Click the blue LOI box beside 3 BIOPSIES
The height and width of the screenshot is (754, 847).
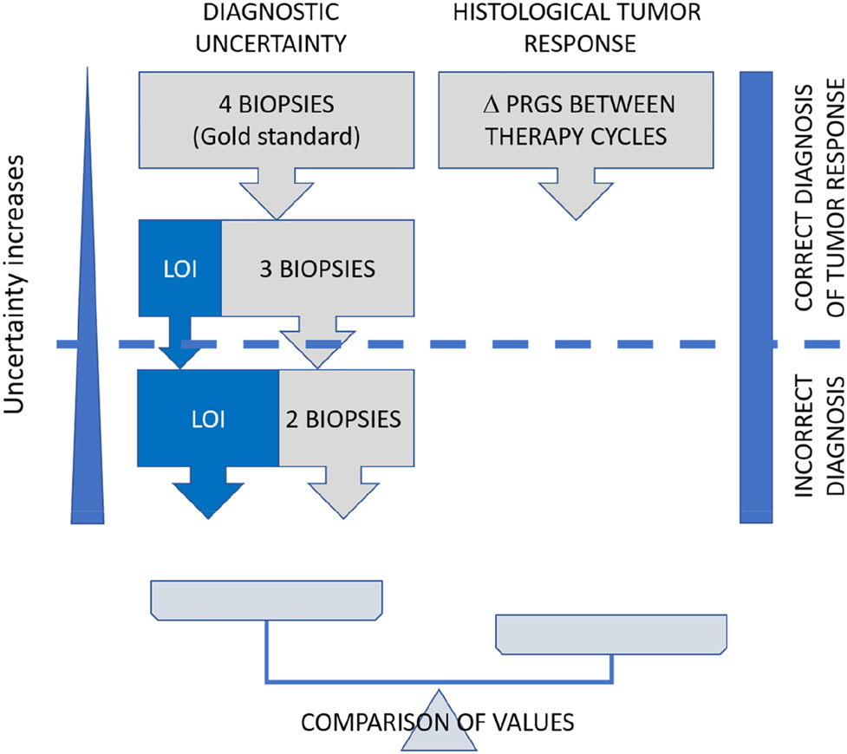coord(180,268)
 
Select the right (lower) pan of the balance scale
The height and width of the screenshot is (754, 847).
coord(611,634)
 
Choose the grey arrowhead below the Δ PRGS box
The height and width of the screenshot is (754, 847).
coord(577,195)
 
